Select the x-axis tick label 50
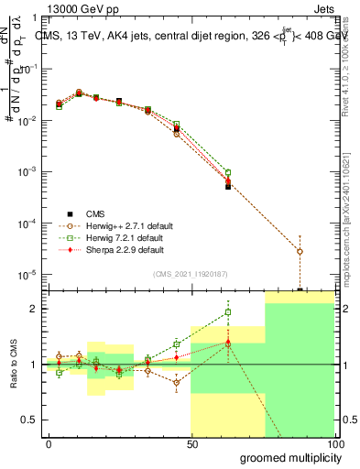[x=191, y=443]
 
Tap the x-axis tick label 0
[x=49, y=443]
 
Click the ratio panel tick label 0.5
[x=29, y=420]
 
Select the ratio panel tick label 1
[x=33, y=365]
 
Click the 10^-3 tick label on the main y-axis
[x=27, y=172]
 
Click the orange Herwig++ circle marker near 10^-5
[x=300, y=251]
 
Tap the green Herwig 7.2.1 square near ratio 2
[x=228, y=312]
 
